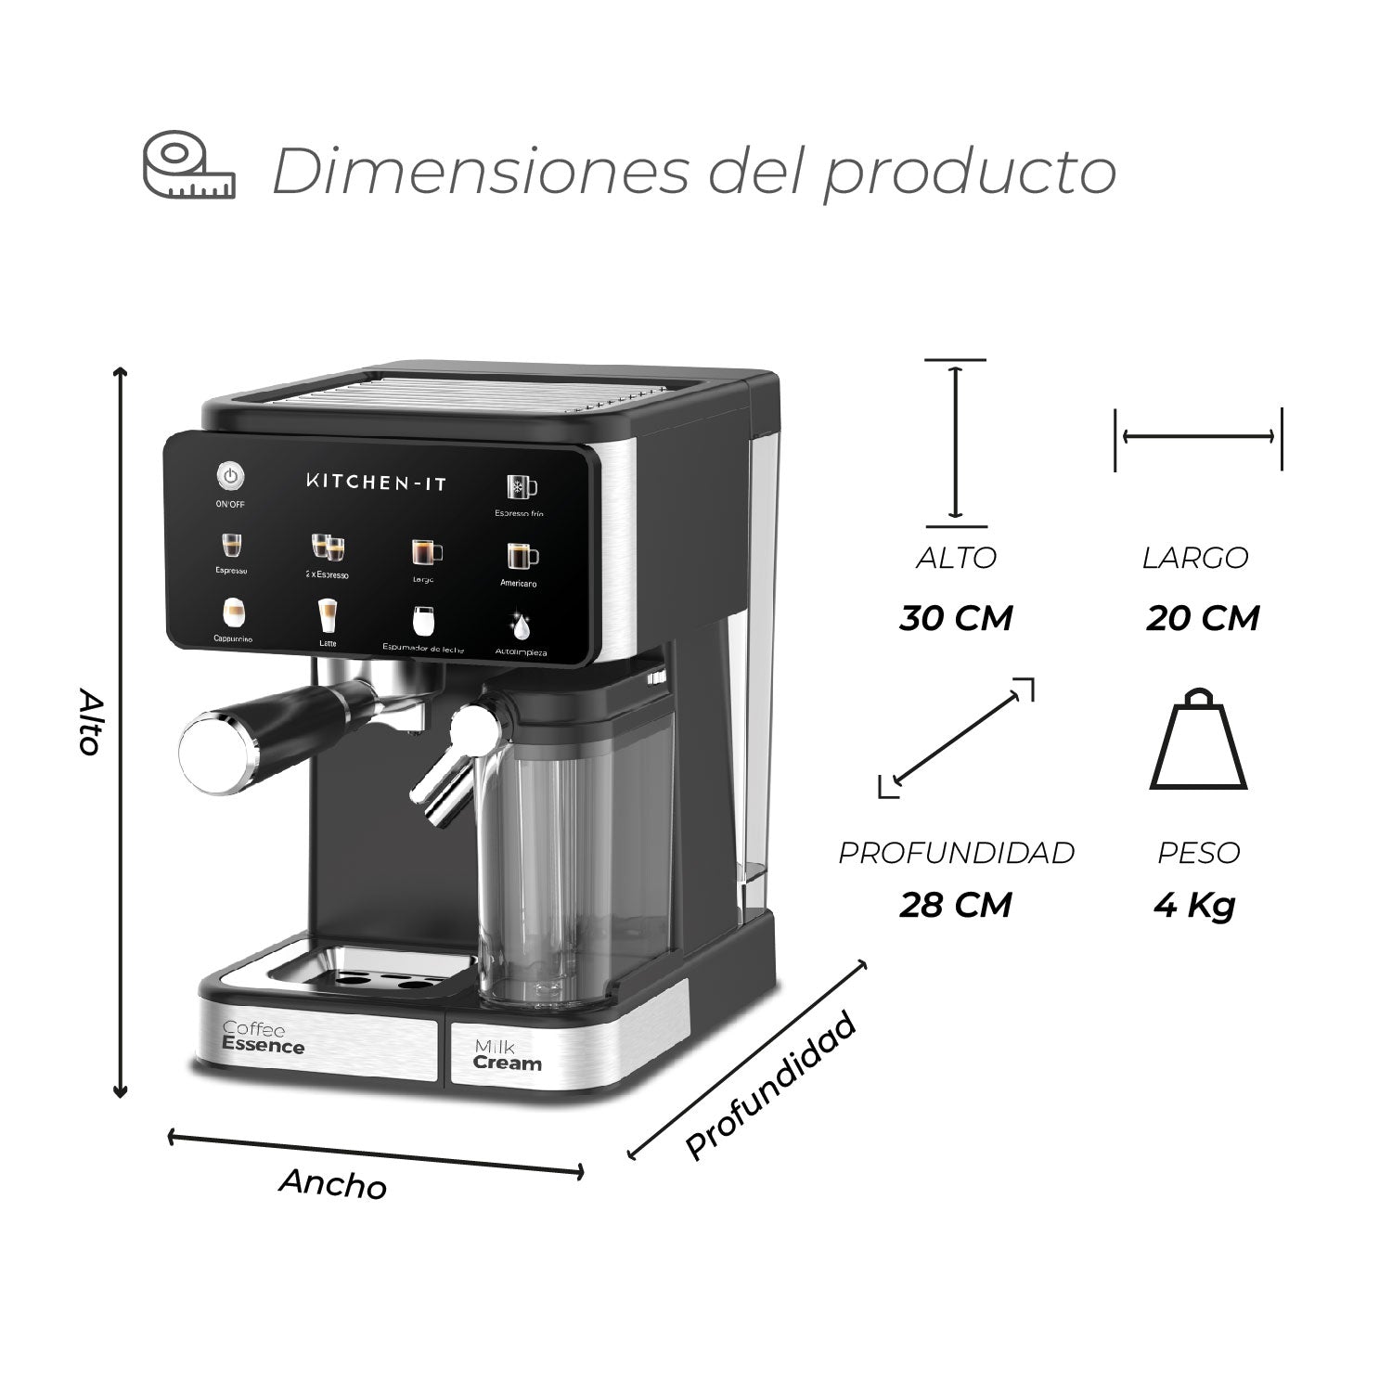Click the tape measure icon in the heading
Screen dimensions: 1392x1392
188,167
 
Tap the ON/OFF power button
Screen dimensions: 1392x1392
230,477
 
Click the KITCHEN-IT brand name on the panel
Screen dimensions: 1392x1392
376,481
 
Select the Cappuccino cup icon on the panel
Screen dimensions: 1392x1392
233,612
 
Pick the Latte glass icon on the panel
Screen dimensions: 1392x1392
327,614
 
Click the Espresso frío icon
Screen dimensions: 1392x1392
521,488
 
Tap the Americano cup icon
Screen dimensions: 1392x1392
521,556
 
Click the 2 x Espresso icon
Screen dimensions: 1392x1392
327,548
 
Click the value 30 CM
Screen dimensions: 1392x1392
956,618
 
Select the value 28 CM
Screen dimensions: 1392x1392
956,905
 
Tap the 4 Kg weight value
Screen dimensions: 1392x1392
1194,905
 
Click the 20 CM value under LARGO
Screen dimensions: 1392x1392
1203,618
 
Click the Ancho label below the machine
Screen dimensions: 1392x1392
333,1184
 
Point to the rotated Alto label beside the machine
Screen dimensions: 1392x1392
89,722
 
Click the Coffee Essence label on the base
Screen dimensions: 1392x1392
263,1038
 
